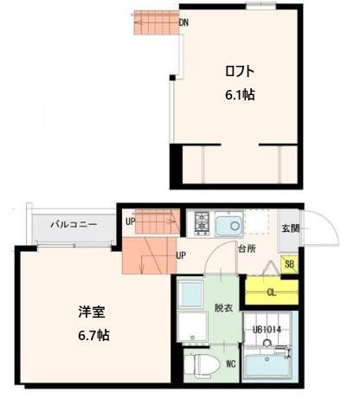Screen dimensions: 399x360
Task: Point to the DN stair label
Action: coord(183,23)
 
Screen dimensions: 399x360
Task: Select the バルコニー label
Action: coord(73,224)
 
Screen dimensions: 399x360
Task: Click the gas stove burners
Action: coord(202,223)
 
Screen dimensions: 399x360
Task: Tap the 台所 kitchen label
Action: coord(247,248)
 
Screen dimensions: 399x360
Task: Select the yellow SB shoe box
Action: coord(290,265)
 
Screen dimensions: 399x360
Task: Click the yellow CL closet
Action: coord(270,292)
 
